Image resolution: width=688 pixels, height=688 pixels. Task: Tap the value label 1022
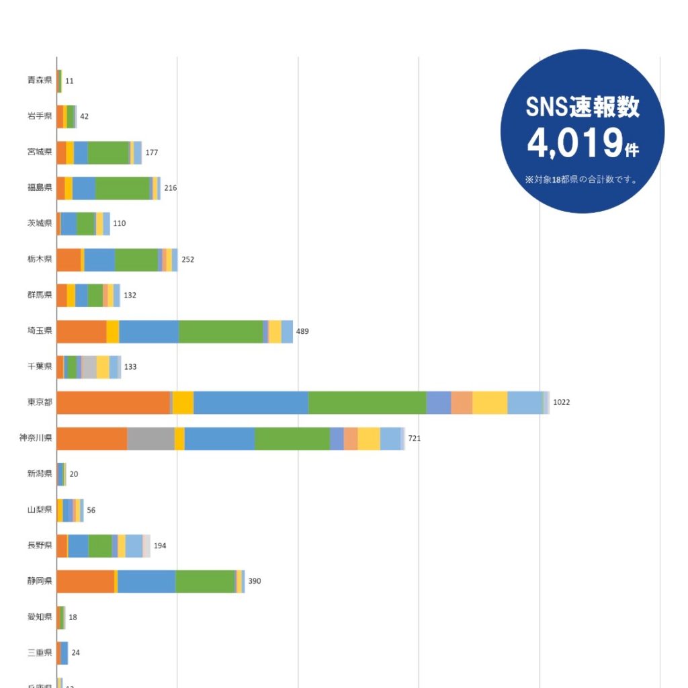[562, 402]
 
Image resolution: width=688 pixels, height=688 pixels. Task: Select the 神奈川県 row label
[36, 438]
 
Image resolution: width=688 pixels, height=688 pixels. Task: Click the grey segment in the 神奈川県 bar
[150, 438]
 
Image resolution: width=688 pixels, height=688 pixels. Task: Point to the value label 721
[415, 438]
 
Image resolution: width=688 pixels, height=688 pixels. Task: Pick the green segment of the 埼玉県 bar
[220, 331]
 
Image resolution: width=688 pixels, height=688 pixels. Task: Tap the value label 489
[302, 331]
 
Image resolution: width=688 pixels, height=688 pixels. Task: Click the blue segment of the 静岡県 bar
[146, 581]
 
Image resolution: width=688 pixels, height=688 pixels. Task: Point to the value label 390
[255, 581]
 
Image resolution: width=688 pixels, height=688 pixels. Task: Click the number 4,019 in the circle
[575, 142]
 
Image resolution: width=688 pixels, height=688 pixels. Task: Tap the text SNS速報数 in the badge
[583, 107]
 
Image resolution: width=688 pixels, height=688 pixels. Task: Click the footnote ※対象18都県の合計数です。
[582, 180]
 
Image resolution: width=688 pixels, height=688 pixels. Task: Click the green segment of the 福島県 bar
[122, 188]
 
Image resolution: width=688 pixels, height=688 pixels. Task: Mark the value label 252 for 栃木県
[188, 259]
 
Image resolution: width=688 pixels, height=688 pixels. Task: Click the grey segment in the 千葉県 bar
[89, 367]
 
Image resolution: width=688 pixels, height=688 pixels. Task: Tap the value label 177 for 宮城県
[152, 153]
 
